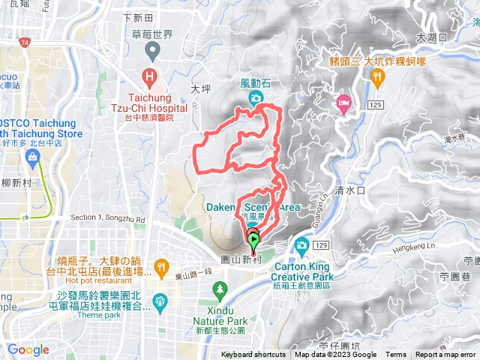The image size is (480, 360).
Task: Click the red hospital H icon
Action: tap(150, 76)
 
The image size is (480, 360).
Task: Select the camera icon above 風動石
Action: tap(256, 98)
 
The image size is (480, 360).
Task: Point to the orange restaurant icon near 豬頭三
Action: tap(379, 76)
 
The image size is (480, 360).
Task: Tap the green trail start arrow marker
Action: tap(253, 241)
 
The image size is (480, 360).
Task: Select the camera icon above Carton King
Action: tap(301, 244)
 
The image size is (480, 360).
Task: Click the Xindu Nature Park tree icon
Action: tap(219, 288)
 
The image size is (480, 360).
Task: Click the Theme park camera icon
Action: tap(159, 301)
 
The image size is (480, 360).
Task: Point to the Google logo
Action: tap(28, 349)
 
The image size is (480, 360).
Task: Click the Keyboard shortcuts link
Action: tap(254, 355)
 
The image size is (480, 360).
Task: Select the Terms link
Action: tap(395, 355)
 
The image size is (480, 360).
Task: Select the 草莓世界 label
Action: tap(153, 34)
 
